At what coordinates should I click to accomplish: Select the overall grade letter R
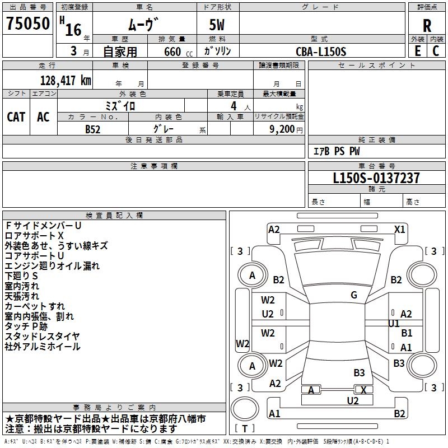[427, 25]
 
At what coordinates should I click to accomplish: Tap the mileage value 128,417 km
[66, 81]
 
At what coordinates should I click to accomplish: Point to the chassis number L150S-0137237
[376, 179]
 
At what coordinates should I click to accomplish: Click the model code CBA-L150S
[321, 52]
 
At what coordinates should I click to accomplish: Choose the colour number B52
[93, 128]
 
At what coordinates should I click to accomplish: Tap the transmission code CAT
[16, 116]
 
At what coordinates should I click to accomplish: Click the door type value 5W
[217, 25]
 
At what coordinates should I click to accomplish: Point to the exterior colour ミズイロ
[120, 105]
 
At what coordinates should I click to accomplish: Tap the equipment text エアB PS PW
[337, 151]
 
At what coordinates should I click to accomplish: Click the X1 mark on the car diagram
[399, 229]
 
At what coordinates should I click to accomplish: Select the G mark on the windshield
[354, 295]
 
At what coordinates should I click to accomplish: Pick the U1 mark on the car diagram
[394, 324]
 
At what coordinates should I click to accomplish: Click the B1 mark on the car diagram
[407, 333]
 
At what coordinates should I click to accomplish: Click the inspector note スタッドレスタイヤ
[43, 337]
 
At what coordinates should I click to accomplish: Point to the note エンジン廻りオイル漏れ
[52, 266]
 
